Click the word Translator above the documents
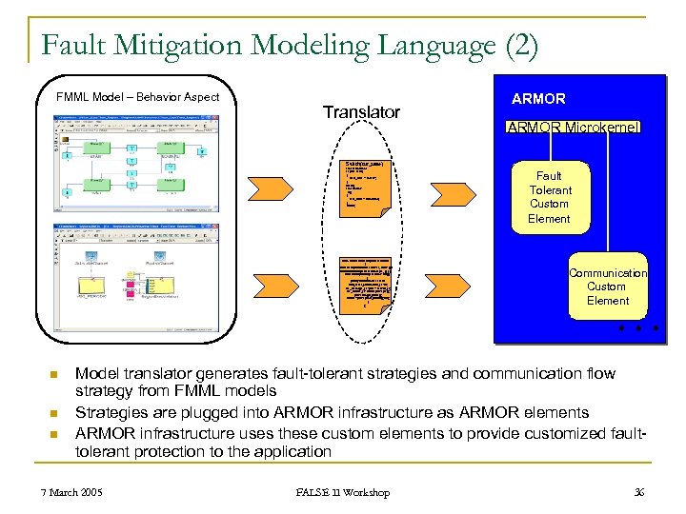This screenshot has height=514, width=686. pos(361,112)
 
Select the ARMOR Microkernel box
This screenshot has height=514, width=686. pos(574,128)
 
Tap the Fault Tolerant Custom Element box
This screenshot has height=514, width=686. pos(549,197)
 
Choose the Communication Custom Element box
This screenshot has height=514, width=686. pos(607,286)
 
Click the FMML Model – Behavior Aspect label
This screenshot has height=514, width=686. pos(137,97)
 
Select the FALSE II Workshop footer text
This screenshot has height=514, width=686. pos(342,492)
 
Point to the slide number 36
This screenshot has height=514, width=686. pos(638,492)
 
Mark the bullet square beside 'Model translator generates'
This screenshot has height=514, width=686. pos(55,375)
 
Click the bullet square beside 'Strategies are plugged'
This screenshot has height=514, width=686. pos(55,413)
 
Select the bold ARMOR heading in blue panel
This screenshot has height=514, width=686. pos(538,99)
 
